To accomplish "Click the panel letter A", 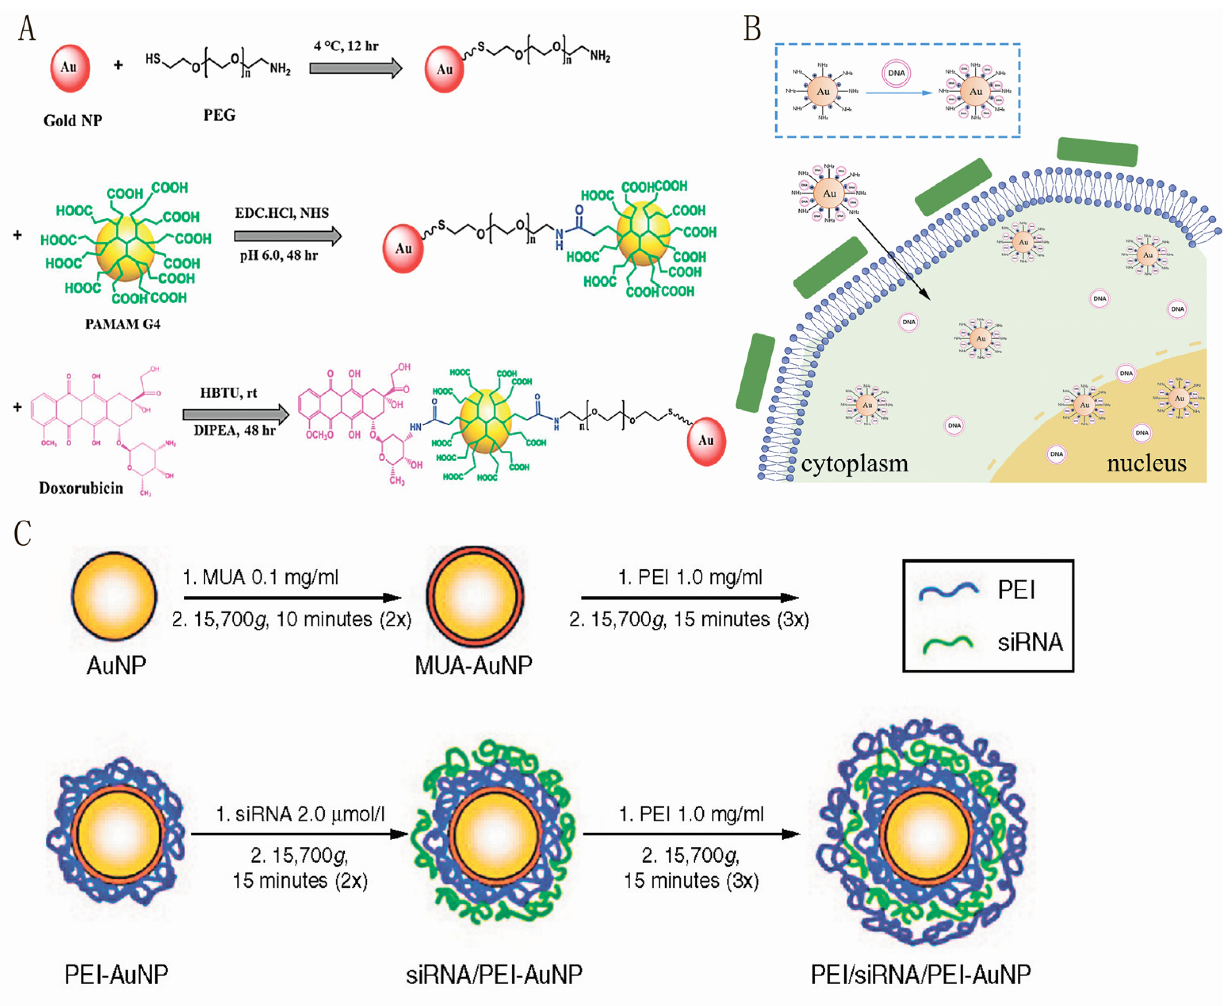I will point(27,29).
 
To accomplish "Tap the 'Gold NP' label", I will point(73,120).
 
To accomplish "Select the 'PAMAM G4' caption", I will point(123,324).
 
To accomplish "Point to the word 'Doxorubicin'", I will point(81,488).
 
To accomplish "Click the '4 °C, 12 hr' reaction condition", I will point(346,46).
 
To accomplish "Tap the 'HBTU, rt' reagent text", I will point(229,393).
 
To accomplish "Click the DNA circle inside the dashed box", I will point(896,73).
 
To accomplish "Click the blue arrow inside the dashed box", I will point(898,93).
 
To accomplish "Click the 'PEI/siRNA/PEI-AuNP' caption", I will point(921,975).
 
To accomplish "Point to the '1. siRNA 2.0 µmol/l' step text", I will point(300,814).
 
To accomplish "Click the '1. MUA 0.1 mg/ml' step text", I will point(260,577).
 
